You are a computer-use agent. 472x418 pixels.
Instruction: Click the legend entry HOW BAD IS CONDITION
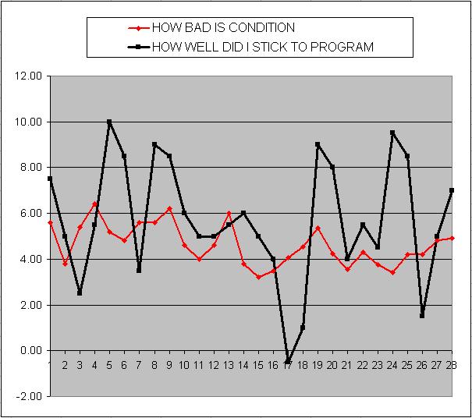(223, 28)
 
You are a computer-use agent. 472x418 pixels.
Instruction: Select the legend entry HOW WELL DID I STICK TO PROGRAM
(262, 47)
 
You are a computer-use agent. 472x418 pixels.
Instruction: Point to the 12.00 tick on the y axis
(29, 76)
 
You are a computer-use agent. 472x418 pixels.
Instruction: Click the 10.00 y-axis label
(29, 122)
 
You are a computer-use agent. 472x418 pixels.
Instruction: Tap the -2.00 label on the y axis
(29, 396)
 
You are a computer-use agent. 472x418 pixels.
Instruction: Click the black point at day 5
(109, 122)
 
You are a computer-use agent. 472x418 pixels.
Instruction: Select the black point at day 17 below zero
(288, 362)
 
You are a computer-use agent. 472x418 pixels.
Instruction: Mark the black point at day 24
(392, 133)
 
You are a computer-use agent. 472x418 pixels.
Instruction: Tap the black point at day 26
(422, 316)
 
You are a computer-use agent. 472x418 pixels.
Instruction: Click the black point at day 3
(80, 293)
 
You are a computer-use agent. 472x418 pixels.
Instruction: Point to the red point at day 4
(94, 204)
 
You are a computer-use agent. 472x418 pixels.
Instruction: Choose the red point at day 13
(229, 213)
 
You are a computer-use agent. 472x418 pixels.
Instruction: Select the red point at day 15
(258, 277)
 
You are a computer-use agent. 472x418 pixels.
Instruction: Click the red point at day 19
(318, 228)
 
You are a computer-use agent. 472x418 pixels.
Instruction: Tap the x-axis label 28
(451, 364)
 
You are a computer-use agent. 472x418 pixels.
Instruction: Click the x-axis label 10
(183, 364)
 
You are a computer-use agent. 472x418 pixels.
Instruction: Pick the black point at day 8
(154, 144)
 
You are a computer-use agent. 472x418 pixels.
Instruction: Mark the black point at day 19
(318, 144)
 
